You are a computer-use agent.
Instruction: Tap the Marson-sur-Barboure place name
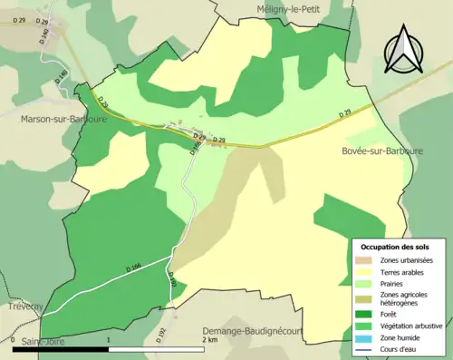[60, 117]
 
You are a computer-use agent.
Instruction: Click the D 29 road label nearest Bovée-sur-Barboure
[344, 113]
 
